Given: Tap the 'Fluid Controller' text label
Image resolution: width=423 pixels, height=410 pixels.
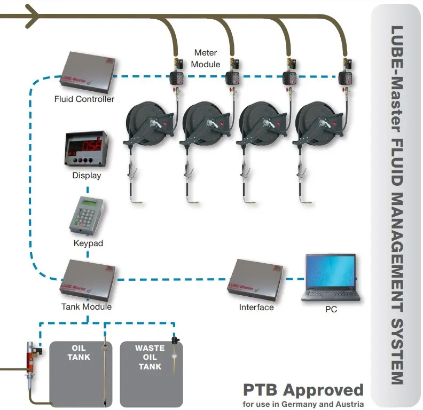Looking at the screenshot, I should click(84, 99).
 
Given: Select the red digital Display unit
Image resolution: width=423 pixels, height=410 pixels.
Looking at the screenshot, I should click(86, 150).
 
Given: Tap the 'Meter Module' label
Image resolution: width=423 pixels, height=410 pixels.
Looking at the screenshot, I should click(206, 58).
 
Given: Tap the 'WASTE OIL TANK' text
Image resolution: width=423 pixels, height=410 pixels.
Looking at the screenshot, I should click(150, 357).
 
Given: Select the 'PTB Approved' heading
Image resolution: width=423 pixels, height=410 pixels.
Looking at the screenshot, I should click(303, 390).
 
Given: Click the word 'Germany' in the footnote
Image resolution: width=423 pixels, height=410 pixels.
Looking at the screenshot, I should click(307, 404).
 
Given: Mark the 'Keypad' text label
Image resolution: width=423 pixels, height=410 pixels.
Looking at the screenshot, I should click(88, 243).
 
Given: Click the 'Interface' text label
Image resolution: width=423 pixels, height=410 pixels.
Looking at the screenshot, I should click(256, 307).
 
